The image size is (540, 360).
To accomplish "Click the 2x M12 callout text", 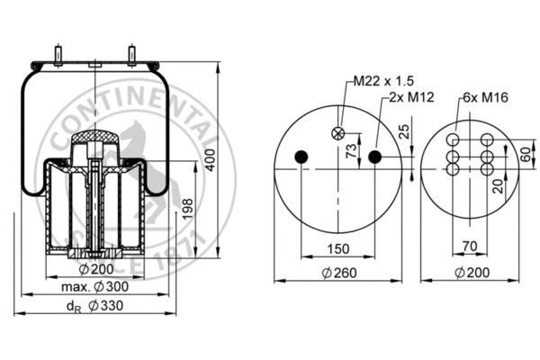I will pos(408,96).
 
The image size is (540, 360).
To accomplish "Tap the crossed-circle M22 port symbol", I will pos(338,133).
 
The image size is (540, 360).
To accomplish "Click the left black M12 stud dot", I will pos(301,157).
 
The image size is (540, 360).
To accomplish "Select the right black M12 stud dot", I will pos(375,157).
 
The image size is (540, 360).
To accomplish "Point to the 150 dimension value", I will pos(337,249).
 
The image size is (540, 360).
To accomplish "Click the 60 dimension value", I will pos(523,153).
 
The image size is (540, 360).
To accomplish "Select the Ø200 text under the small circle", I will pos(472,272).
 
